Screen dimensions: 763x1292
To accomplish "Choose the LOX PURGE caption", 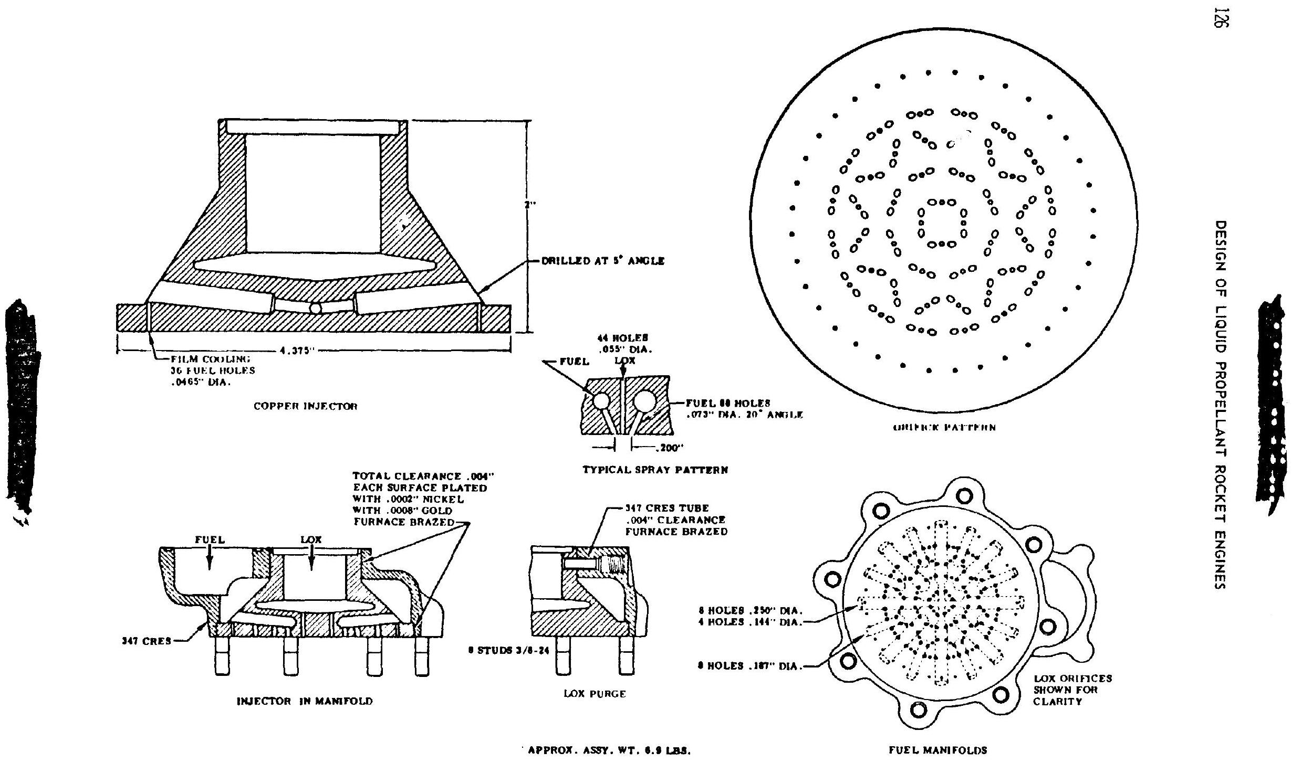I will click(595, 693).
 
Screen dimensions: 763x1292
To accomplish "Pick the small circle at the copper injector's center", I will click(316, 308).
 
